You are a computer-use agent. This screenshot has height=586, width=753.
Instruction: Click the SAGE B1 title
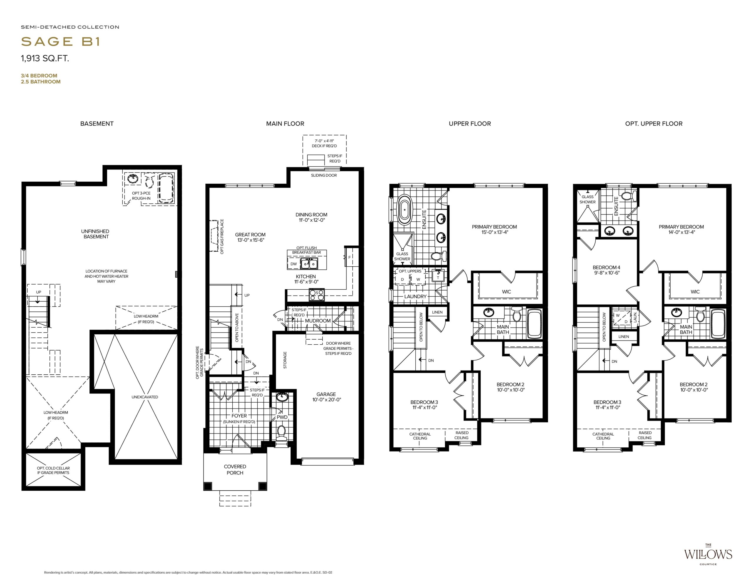60,41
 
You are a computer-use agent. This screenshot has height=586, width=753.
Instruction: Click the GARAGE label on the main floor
326,394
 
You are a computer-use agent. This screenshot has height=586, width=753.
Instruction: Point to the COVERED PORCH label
235,469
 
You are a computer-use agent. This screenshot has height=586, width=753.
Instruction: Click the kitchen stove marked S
317,295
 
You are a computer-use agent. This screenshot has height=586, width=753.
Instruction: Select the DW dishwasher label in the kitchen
294,264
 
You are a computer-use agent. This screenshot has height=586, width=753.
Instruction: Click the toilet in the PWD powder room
282,433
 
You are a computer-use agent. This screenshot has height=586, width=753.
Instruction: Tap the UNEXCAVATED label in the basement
145,397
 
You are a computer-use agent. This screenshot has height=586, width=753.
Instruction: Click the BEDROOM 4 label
607,267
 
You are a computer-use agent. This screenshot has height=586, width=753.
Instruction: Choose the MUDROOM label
318,321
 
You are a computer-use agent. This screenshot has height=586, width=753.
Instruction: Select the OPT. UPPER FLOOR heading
654,124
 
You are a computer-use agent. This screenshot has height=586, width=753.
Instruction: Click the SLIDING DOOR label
324,175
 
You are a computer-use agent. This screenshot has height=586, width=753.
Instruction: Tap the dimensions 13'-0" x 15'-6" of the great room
250,240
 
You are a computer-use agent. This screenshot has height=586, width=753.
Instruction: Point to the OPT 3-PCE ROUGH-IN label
141,195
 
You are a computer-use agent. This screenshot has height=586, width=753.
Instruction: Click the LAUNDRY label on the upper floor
415,296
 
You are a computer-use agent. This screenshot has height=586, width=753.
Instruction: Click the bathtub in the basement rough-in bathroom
166,188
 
